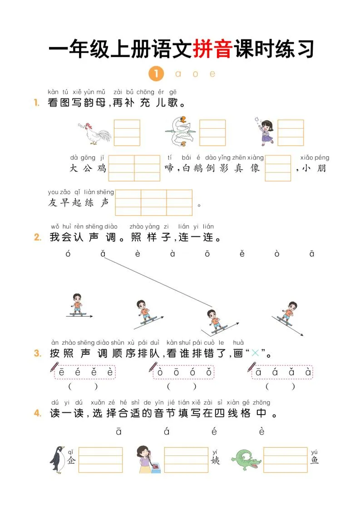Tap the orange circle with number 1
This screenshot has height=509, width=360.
156,73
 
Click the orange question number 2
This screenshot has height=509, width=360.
38,237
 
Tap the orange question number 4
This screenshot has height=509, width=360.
38,413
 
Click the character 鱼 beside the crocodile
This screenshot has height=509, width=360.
315,460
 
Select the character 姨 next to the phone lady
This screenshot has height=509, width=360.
215,460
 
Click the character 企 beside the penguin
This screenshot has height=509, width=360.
71,460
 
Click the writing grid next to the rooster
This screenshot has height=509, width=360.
127,132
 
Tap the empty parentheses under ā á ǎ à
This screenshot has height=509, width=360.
280,387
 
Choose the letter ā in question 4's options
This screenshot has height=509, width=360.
119,432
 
